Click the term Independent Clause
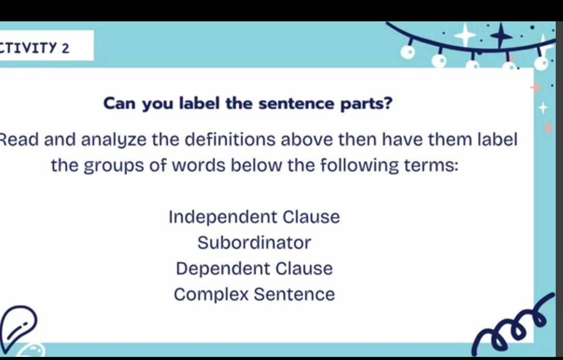click(x=254, y=217)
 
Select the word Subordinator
click(x=254, y=243)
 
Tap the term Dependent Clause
click(x=254, y=269)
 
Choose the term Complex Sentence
click(x=254, y=295)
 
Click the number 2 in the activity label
click(x=65, y=48)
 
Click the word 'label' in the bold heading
click(x=200, y=104)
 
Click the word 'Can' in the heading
click(x=121, y=104)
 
